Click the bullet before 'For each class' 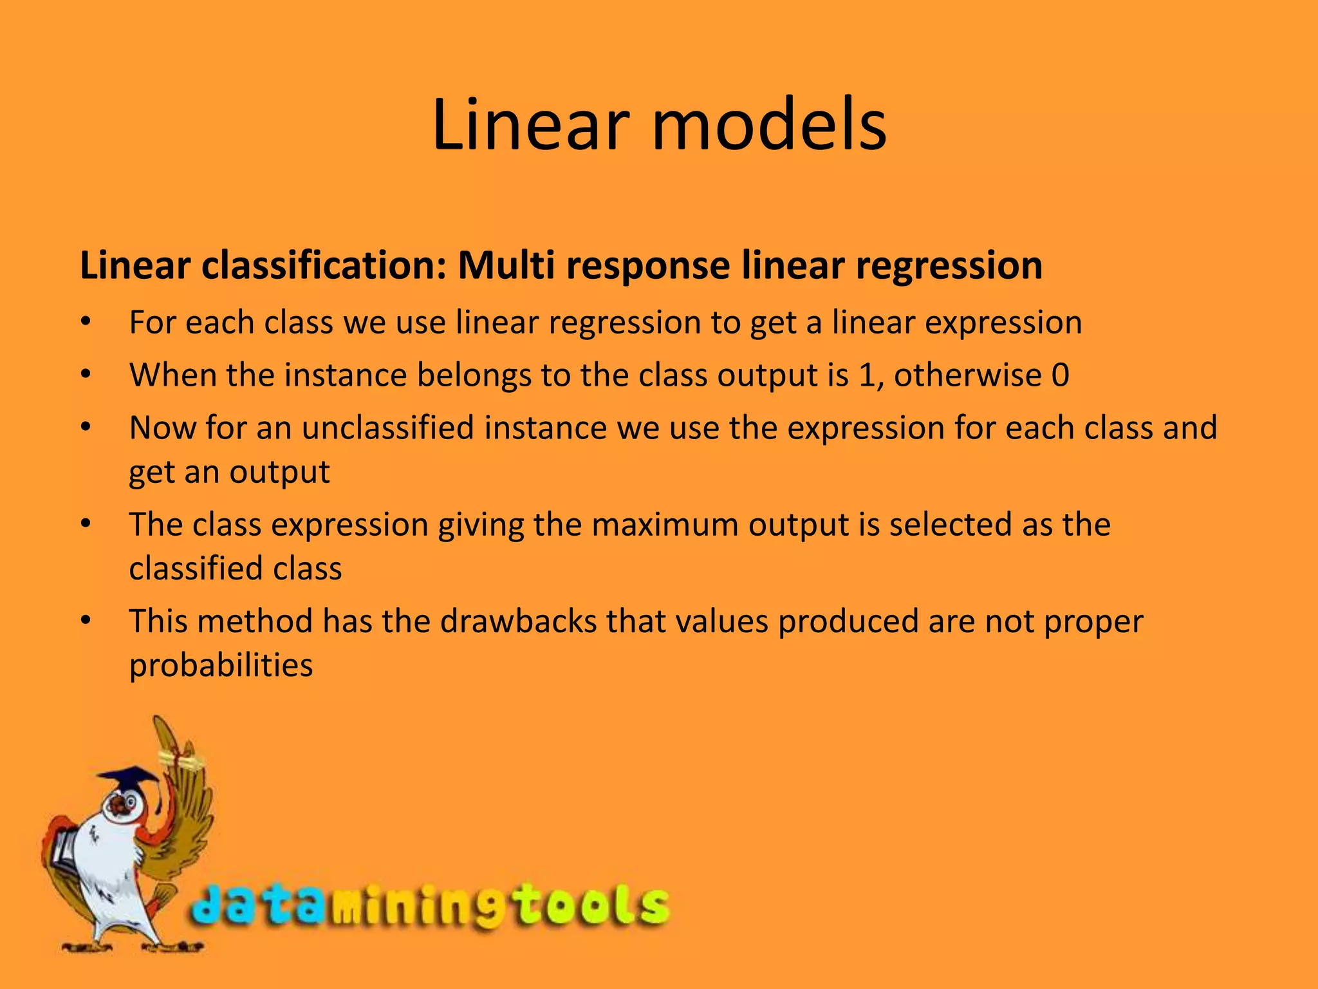click(x=86, y=323)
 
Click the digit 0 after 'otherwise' click(x=1060, y=375)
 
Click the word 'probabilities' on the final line click(x=221, y=665)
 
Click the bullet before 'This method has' click(x=86, y=621)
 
